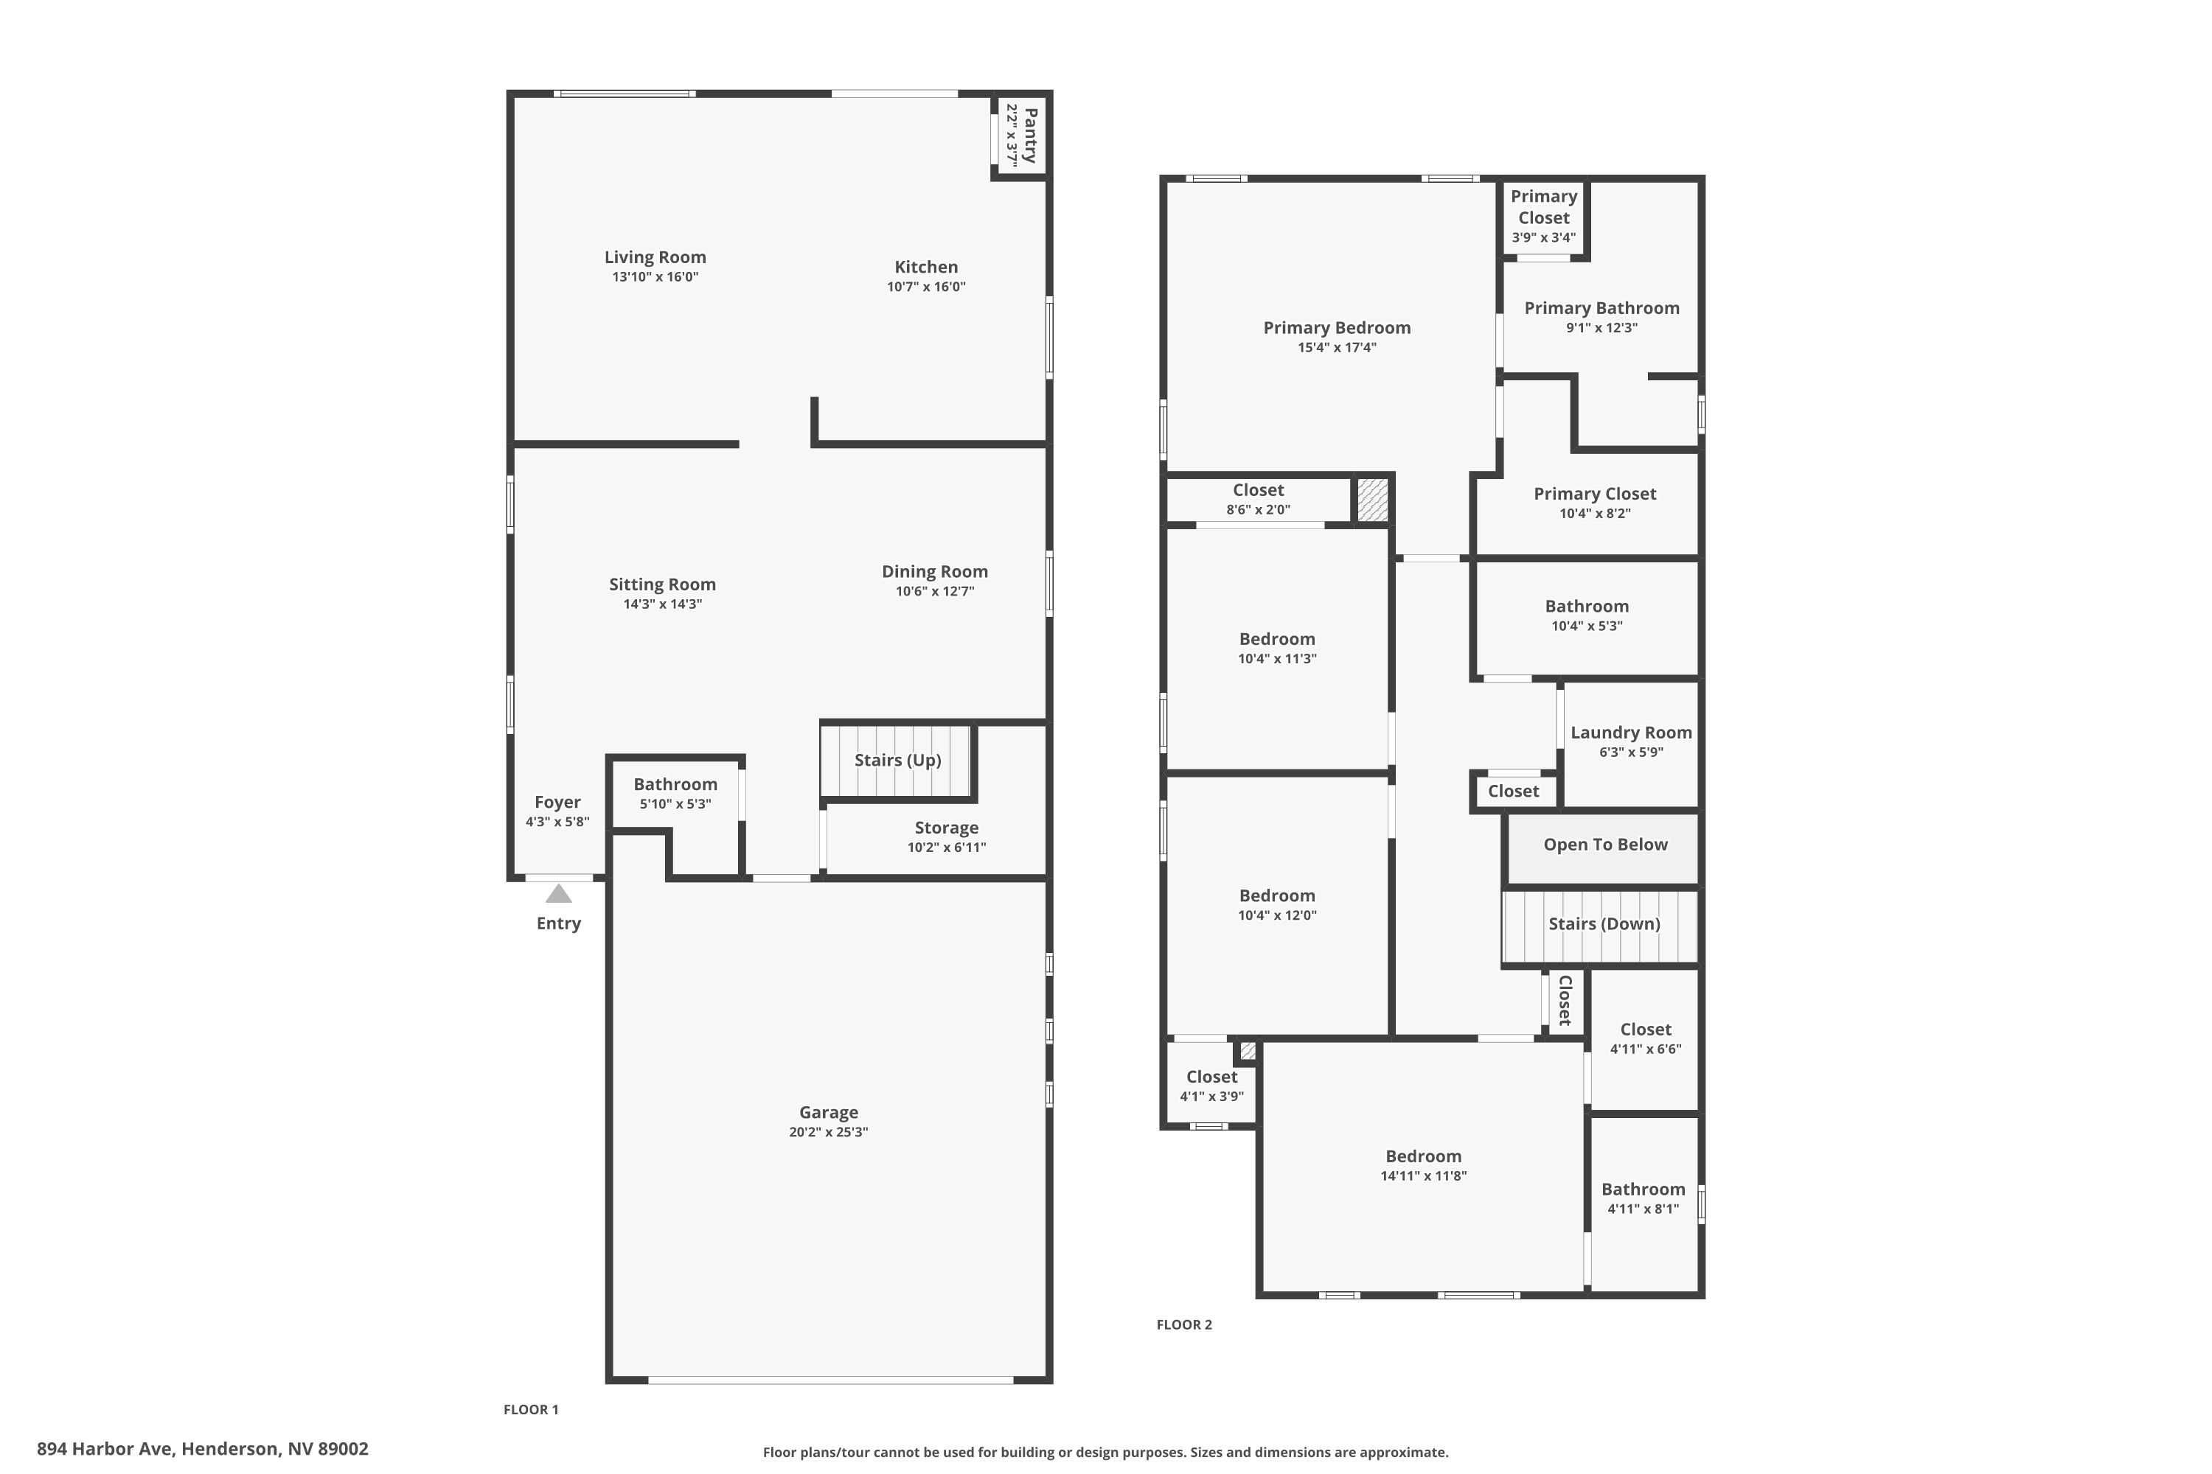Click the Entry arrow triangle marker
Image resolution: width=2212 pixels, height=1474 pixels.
point(559,894)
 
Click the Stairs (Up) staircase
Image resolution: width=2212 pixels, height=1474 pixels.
point(897,761)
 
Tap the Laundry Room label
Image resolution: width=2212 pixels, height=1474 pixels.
point(1631,733)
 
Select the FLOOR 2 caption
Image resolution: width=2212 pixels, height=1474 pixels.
point(1183,1324)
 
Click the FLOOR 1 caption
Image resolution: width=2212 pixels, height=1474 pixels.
point(530,1409)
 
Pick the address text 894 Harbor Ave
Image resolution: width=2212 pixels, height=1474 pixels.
point(202,1449)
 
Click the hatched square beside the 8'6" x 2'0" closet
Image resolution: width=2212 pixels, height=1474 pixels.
point(1372,499)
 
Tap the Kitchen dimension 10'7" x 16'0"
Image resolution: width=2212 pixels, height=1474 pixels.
point(925,287)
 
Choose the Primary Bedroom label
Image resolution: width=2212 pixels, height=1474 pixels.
point(1336,328)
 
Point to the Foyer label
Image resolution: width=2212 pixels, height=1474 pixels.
point(557,803)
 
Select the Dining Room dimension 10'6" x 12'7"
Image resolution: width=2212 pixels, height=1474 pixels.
point(934,591)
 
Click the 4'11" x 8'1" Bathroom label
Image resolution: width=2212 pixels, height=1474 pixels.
point(1643,1190)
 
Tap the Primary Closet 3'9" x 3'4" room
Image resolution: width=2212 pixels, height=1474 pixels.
point(1543,216)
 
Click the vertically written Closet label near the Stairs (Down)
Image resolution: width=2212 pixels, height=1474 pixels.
point(1565,1000)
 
